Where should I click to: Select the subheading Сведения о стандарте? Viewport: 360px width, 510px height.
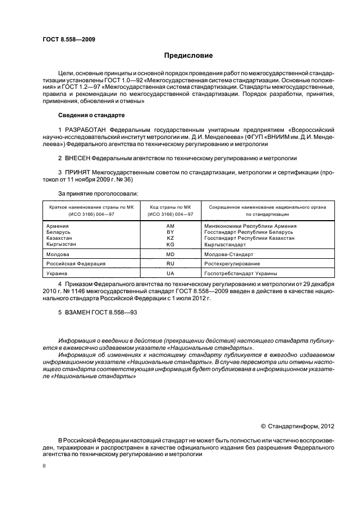coord(91,116)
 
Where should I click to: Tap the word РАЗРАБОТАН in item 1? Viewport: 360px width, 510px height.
coord(86,130)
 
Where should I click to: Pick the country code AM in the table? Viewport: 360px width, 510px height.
coord(170,226)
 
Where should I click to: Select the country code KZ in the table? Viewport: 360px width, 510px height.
coord(170,238)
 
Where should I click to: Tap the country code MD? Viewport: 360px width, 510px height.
coord(170,254)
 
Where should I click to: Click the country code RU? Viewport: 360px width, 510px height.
coord(170,264)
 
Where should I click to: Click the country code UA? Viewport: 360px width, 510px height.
coord(170,273)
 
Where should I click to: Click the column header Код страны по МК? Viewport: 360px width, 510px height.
coord(170,208)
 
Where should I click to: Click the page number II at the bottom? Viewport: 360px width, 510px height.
coord(44,466)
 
